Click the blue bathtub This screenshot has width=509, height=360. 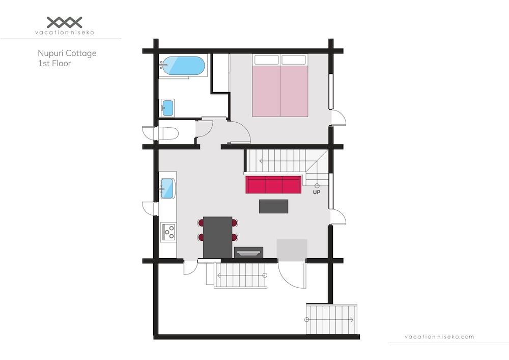pyautogui.click(x=183, y=66)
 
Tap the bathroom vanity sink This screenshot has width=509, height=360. pyautogui.click(x=167, y=108)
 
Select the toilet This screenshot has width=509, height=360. pyautogui.click(x=161, y=133)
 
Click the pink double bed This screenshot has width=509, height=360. pyautogui.click(x=280, y=86)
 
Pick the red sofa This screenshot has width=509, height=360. pyautogui.click(x=273, y=185)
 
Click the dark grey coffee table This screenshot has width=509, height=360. pyautogui.click(x=273, y=206)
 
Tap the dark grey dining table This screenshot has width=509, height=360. pyautogui.click(x=217, y=238)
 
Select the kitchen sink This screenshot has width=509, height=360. pyautogui.click(x=167, y=188)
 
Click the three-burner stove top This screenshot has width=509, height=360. pyautogui.click(x=168, y=232)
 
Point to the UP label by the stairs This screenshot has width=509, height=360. pyautogui.click(x=317, y=192)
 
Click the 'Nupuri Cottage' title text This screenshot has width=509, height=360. pyautogui.click(x=67, y=53)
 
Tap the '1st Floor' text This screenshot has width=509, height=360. pyautogui.click(x=54, y=63)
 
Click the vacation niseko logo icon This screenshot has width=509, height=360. pyautogui.click(x=65, y=22)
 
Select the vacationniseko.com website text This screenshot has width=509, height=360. pyautogui.click(x=439, y=337)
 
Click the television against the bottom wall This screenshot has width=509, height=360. pyautogui.click(x=249, y=252)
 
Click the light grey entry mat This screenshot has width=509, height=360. pyautogui.click(x=292, y=251)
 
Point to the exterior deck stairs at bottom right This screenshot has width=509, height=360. pyautogui.click(x=331, y=319)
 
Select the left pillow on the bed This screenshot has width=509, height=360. pyautogui.click(x=267, y=60)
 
